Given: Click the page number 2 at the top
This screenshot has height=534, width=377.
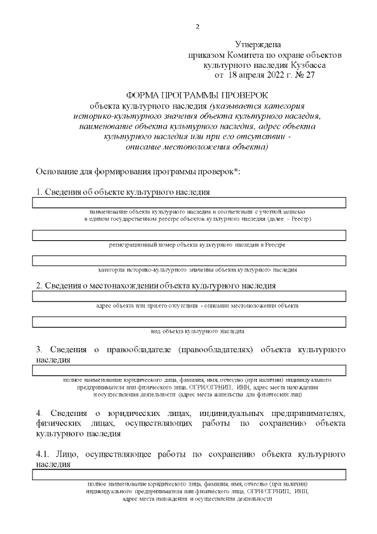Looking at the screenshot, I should [198, 27].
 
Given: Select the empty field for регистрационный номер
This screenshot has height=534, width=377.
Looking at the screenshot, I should [188, 235].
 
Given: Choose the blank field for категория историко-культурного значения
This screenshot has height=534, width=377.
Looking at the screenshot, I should [188, 261].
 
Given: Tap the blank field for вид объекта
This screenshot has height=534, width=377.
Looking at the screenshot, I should [188, 322].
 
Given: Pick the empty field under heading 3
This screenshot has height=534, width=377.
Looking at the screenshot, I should [188, 370].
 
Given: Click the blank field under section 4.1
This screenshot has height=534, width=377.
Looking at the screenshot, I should [188, 474].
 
